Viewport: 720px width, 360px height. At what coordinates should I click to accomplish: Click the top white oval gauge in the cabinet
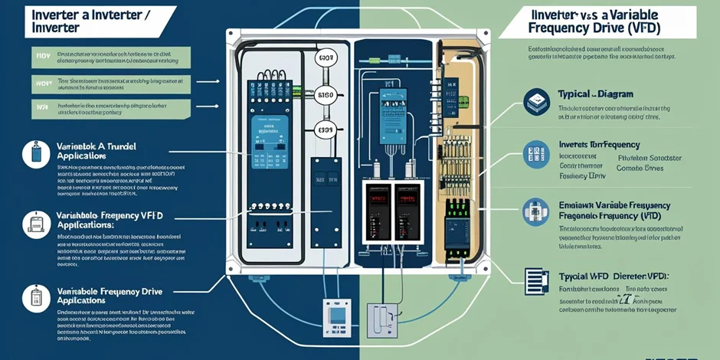(326, 58)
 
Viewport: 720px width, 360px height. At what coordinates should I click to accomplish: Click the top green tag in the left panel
(42, 56)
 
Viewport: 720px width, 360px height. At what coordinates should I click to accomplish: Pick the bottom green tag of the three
(42, 108)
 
